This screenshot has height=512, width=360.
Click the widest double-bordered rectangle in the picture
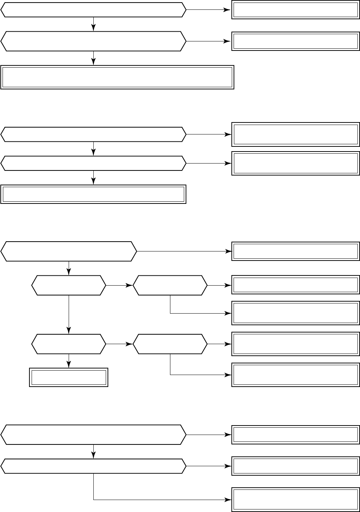(117, 77)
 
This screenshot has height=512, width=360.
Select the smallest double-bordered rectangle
(69, 378)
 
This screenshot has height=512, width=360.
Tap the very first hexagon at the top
(93, 10)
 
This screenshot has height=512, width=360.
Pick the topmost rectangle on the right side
(295, 10)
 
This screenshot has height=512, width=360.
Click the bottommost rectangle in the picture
(295, 500)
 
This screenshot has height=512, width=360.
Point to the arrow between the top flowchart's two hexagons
(94, 24)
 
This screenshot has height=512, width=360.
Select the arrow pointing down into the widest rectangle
(94, 58)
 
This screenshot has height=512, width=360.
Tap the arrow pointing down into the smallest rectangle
(69, 362)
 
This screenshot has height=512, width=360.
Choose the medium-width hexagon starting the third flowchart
(69, 251)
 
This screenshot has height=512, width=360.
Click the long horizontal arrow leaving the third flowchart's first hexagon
(184, 251)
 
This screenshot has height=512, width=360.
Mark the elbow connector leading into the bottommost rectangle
(145, 499)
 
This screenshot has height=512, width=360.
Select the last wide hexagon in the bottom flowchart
(93, 466)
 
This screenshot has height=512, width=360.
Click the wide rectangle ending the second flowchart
(93, 194)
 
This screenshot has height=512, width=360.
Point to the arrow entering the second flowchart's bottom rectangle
(94, 178)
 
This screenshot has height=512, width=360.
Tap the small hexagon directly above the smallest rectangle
(69, 344)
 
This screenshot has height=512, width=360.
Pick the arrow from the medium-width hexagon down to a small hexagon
(69, 268)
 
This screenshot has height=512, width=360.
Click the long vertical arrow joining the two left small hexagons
(69, 314)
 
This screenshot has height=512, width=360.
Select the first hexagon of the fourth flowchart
(93, 435)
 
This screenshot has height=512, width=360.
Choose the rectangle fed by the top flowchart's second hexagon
(295, 41)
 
